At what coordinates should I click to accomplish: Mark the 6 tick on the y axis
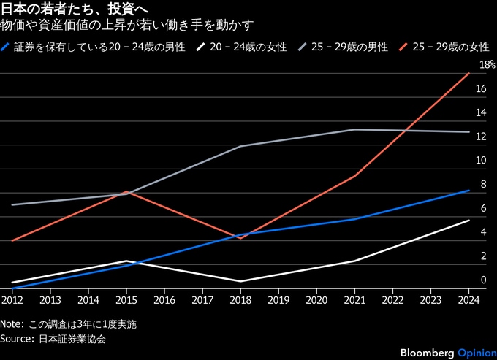483,209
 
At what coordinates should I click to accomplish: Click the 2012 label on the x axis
12,299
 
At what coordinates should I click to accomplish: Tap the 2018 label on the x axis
240,299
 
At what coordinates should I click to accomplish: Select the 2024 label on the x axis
468,299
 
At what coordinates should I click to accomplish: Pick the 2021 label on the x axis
354,299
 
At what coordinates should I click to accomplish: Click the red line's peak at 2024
468,74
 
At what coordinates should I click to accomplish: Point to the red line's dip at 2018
240,238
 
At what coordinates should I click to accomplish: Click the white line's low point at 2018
240,281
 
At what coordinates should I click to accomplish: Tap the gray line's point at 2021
354,130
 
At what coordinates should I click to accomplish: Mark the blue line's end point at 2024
468,190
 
